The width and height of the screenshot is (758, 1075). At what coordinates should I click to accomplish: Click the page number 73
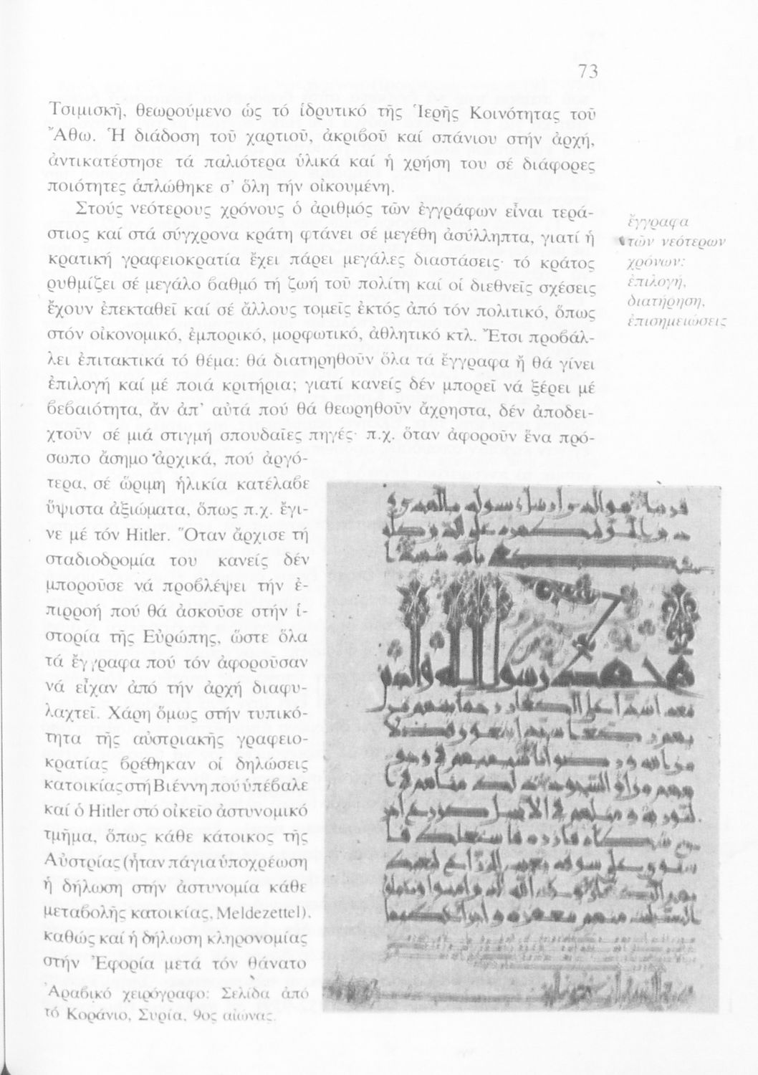587,72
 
